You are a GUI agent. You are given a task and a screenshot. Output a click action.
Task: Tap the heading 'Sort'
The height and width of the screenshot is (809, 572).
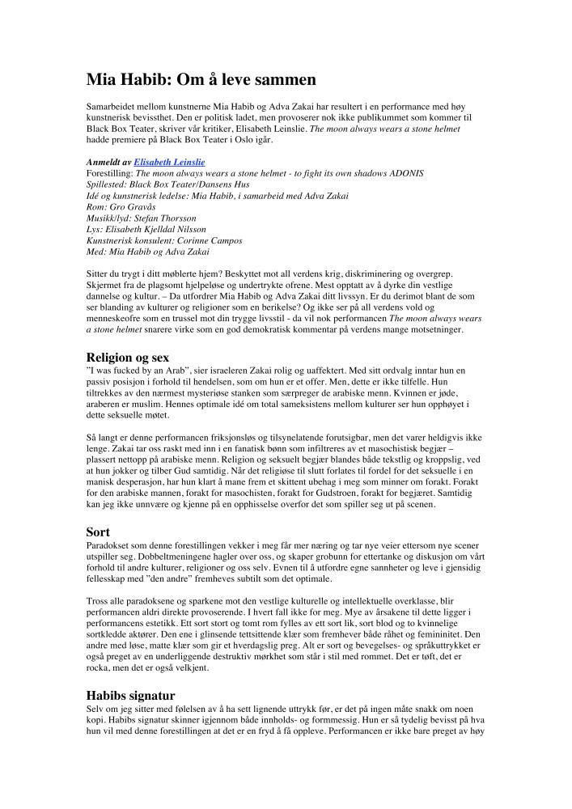(x=98, y=532)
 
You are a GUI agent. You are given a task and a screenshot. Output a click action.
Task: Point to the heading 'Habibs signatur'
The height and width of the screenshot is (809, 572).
(x=130, y=694)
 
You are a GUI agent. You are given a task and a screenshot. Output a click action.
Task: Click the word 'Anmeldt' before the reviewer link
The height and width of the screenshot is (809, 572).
(x=104, y=163)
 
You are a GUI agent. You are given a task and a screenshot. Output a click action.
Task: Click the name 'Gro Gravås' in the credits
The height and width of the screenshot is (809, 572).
(x=132, y=207)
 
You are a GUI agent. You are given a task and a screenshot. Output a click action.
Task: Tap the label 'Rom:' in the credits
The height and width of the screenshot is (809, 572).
(x=96, y=207)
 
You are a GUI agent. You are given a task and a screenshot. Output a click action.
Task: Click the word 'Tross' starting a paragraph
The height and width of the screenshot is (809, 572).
(x=97, y=600)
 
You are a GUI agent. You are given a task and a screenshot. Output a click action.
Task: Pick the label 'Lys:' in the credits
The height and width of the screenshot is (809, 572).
(x=94, y=230)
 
